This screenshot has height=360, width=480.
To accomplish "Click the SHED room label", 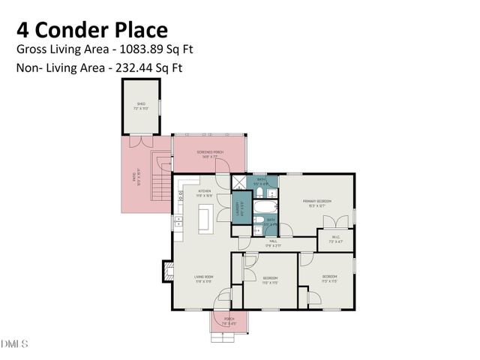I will (x=140, y=106).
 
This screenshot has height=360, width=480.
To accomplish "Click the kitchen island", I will (x=203, y=218).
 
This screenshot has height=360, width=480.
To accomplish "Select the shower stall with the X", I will (x=238, y=181).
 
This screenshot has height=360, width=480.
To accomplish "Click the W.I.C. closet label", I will (x=335, y=241).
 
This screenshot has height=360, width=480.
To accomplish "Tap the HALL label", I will (x=273, y=241).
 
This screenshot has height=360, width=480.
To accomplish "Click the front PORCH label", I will (x=229, y=320).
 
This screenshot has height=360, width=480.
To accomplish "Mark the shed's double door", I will (x=139, y=140).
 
